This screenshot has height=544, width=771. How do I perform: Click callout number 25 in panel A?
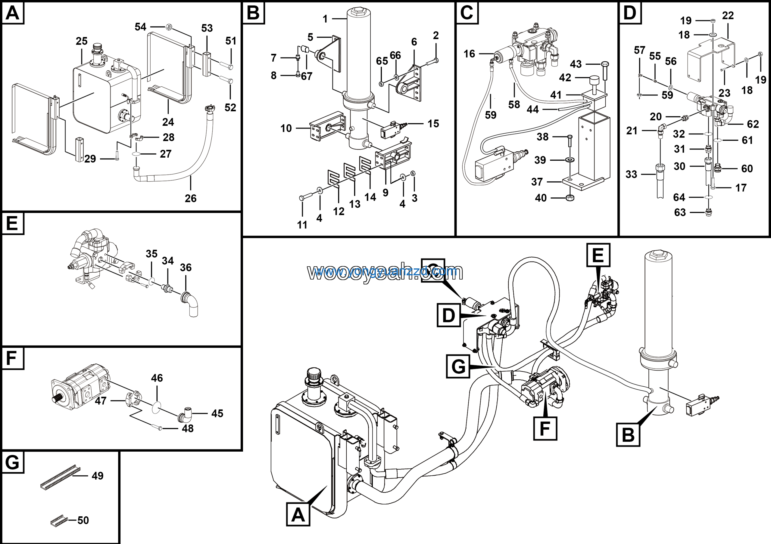(82, 41)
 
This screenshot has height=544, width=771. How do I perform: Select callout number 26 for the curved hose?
(190, 198)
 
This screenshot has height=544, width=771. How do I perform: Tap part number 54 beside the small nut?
(140, 27)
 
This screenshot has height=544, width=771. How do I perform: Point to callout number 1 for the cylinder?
(325, 19)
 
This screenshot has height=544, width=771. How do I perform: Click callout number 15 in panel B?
(433, 123)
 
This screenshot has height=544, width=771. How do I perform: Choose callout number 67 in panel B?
(307, 76)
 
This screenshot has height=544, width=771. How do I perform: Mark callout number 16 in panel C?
(469, 54)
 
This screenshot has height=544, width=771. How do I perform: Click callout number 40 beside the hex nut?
(541, 198)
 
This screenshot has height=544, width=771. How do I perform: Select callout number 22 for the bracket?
(728, 15)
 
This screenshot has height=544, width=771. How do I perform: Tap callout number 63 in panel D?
(680, 212)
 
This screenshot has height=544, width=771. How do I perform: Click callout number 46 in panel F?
(157, 378)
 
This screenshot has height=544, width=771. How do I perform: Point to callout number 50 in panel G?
(83, 520)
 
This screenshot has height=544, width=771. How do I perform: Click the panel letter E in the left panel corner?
(12, 223)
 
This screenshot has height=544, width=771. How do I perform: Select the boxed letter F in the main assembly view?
(545, 428)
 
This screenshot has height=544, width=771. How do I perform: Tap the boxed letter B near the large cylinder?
(628, 435)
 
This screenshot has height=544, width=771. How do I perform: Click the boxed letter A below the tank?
(298, 515)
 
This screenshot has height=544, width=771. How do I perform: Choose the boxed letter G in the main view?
(458, 366)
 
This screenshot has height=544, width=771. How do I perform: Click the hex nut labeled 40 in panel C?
(570, 198)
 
